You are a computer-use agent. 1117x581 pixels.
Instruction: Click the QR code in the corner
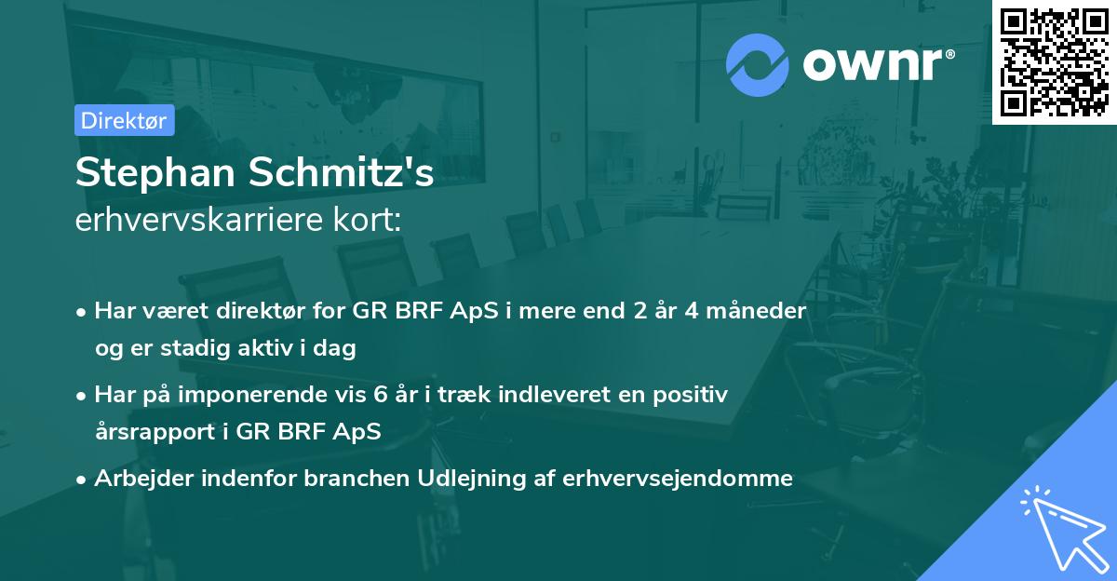coord(1055,62)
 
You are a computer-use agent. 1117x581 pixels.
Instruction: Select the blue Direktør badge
coord(124,120)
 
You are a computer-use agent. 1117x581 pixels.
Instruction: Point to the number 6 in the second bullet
coord(379,395)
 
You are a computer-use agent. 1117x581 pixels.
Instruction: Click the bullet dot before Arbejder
coord(82,480)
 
